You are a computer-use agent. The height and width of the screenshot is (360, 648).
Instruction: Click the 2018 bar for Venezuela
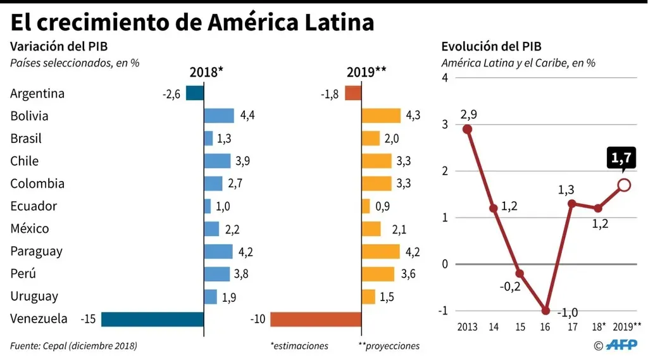click(x=153, y=319)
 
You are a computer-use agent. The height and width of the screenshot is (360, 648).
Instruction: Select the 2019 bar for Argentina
click(x=353, y=94)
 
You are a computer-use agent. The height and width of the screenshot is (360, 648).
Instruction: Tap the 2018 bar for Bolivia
click(x=219, y=116)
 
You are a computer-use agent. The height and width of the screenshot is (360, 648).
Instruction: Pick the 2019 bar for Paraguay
click(x=380, y=251)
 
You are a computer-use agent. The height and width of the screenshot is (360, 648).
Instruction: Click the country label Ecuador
click(x=34, y=206)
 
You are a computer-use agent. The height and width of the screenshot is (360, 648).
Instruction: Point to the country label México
click(x=30, y=228)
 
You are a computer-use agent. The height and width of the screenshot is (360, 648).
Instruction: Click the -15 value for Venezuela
click(x=87, y=319)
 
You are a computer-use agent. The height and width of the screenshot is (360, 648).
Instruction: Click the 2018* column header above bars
click(x=206, y=71)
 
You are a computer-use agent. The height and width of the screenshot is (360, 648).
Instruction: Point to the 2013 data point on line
click(x=468, y=129)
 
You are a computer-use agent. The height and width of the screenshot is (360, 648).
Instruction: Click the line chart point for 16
click(x=545, y=311)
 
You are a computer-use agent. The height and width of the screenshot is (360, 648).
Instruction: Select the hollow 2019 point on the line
click(x=624, y=185)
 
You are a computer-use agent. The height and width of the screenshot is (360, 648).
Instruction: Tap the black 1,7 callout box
click(x=623, y=158)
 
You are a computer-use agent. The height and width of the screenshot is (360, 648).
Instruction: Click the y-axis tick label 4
click(x=444, y=78)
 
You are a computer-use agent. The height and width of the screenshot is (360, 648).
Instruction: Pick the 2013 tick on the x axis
click(x=468, y=326)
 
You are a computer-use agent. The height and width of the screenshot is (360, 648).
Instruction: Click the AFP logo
click(x=621, y=345)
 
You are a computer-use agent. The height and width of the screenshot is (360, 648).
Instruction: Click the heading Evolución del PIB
click(x=491, y=46)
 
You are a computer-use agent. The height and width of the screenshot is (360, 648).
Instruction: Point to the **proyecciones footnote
click(x=389, y=346)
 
